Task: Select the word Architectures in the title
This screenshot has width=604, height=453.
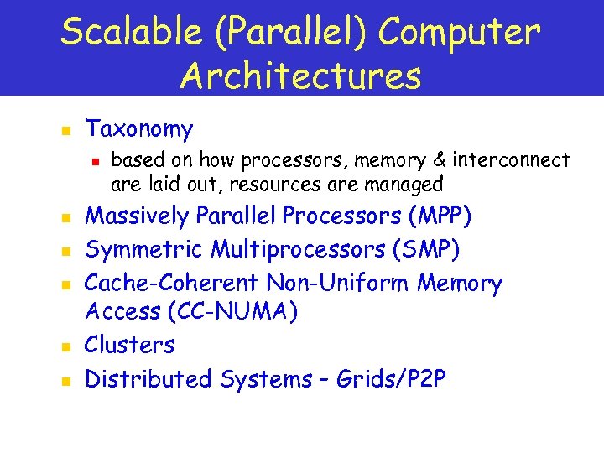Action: pos(300,75)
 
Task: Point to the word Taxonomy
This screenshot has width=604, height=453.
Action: pos(139,129)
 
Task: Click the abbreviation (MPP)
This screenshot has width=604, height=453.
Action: pos(439,216)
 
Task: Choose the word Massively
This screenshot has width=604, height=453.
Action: pos(138,216)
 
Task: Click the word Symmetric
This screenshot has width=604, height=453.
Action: pos(144,250)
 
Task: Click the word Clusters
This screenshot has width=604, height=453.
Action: pos(130,345)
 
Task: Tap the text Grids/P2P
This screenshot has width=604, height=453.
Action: pos(391,379)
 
